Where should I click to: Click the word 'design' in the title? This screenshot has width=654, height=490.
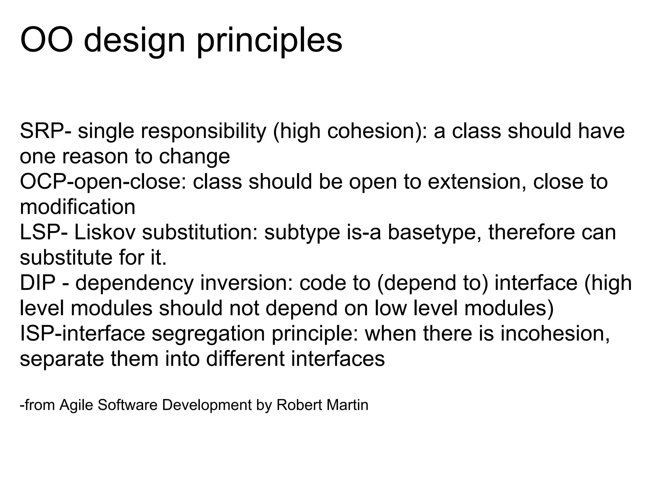pyautogui.click(x=134, y=41)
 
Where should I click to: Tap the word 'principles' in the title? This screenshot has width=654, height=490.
pyautogui.click(x=269, y=41)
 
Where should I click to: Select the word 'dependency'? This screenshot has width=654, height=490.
pyautogui.click(x=134, y=283)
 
